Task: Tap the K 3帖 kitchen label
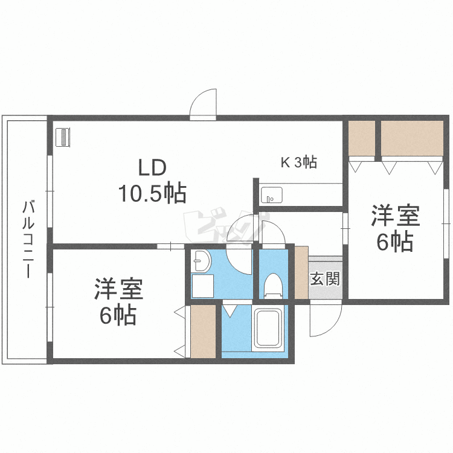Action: point(298,162)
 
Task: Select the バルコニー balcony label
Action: point(27,239)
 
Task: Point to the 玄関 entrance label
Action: point(325,279)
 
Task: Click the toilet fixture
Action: point(274,285)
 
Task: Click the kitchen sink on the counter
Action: point(271,196)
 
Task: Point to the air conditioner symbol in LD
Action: point(63,137)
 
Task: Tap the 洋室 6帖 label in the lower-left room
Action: point(118,301)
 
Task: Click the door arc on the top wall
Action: point(204,104)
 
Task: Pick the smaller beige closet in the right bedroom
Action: point(362,138)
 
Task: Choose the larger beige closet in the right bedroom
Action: point(413,138)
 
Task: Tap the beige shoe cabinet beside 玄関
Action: point(301,272)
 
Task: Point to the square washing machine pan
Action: point(204,286)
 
